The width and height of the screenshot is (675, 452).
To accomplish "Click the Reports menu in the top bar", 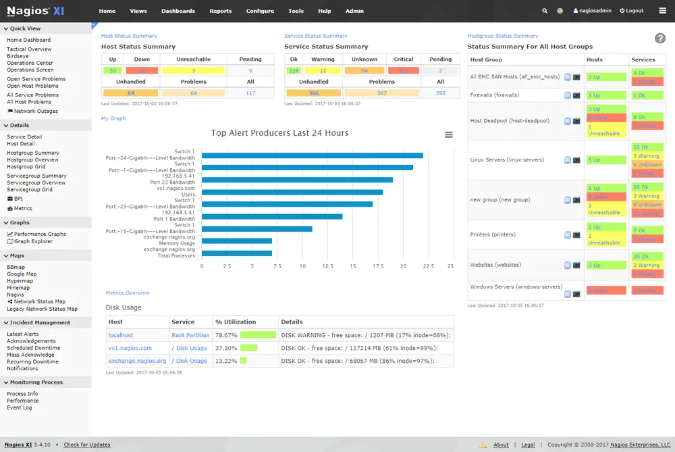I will (x=220, y=11).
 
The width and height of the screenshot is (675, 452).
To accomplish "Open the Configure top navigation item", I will (x=260, y=11).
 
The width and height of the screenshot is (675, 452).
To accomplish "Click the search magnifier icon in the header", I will (x=545, y=11).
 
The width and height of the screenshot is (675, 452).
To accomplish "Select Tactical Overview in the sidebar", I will (x=29, y=49).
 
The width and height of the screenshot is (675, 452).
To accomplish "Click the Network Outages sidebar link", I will (x=36, y=111).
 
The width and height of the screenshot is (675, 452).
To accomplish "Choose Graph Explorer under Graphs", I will (x=33, y=241).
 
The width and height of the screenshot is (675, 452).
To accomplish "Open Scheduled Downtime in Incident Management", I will (x=33, y=348).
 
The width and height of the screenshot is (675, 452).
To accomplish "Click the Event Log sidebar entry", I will (x=19, y=407).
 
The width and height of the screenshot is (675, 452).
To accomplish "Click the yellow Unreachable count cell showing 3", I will (x=194, y=70).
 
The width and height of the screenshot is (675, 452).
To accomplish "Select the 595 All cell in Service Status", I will (x=440, y=93).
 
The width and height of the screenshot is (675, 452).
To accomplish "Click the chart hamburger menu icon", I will (x=449, y=134).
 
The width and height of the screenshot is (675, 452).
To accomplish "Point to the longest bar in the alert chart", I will (x=313, y=155).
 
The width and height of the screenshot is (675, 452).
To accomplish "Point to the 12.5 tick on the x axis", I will (x=327, y=266).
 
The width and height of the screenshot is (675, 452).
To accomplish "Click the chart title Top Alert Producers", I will (x=279, y=133).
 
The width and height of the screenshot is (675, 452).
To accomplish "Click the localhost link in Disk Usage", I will (x=121, y=335).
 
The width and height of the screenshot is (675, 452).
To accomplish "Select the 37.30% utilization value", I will (x=225, y=348).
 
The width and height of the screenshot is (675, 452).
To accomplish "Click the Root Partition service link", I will (x=190, y=335).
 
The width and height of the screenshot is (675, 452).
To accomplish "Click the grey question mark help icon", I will (x=660, y=39).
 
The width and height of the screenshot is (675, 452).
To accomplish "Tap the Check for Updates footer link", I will (x=87, y=445).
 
